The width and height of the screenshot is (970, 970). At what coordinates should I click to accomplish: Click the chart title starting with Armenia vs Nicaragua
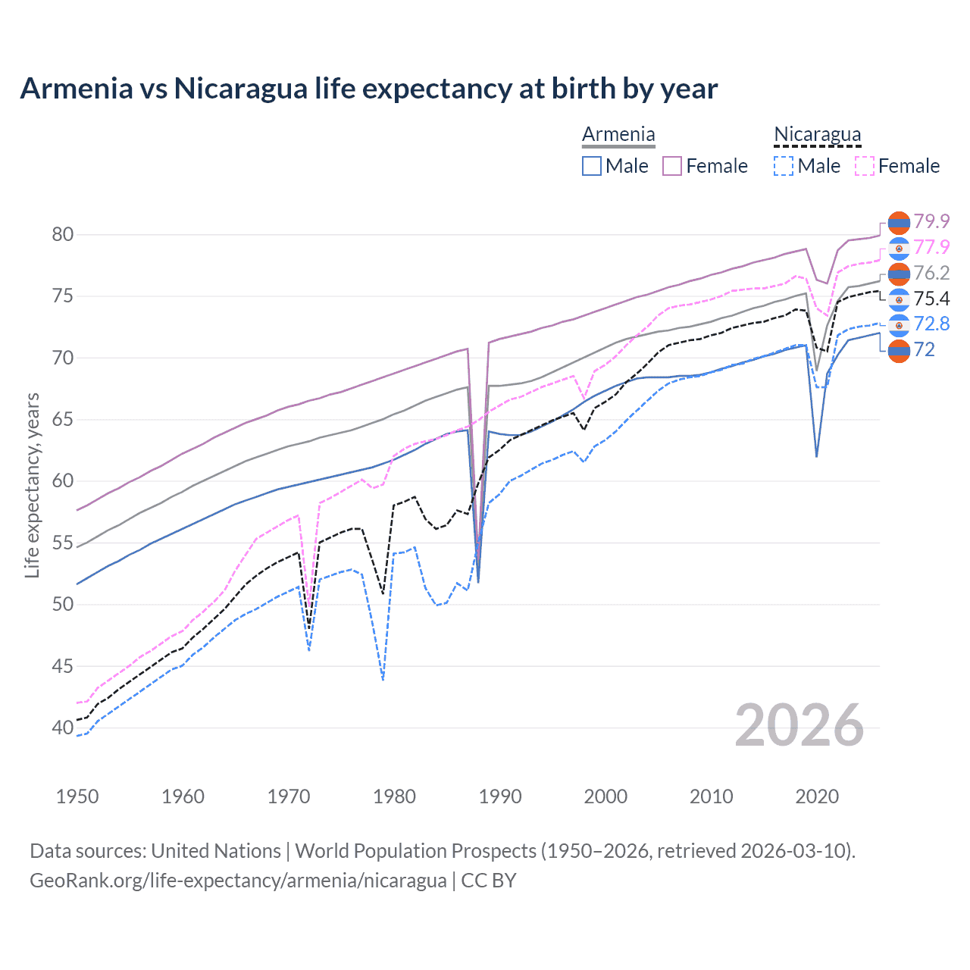point(368,89)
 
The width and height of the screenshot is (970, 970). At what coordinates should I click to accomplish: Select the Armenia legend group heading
point(618,135)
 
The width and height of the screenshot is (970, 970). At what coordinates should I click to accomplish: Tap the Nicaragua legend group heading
point(817,135)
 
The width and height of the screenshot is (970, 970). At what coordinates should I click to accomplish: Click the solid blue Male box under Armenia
point(592,166)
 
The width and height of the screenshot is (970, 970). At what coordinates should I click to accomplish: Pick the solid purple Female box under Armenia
point(672,166)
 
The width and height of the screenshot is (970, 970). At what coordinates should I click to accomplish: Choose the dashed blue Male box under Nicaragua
point(784,166)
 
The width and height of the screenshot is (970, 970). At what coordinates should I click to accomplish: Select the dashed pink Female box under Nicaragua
point(865,166)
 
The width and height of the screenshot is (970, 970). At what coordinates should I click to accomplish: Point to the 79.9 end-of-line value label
point(931,221)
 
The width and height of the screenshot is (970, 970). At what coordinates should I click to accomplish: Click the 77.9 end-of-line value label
point(931,247)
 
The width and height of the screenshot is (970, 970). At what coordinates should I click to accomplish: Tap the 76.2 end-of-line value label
point(931,273)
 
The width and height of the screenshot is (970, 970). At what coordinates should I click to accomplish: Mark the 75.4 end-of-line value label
point(931,299)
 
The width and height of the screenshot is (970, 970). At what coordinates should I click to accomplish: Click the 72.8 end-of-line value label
point(931,324)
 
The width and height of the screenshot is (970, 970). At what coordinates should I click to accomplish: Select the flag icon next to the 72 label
point(899,350)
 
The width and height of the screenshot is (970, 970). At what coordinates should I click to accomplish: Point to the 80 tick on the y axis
point(63,234)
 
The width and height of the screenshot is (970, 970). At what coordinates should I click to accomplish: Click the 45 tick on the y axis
point(63,666)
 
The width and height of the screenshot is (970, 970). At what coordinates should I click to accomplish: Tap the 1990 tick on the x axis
point(500,796)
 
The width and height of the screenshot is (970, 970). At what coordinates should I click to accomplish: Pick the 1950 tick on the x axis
point(77,796)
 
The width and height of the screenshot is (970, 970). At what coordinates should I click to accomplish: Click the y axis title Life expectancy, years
point(32,485)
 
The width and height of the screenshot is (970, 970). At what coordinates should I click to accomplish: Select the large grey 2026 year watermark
point(799,726)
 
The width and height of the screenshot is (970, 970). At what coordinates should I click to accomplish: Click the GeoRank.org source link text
point(238,881)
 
